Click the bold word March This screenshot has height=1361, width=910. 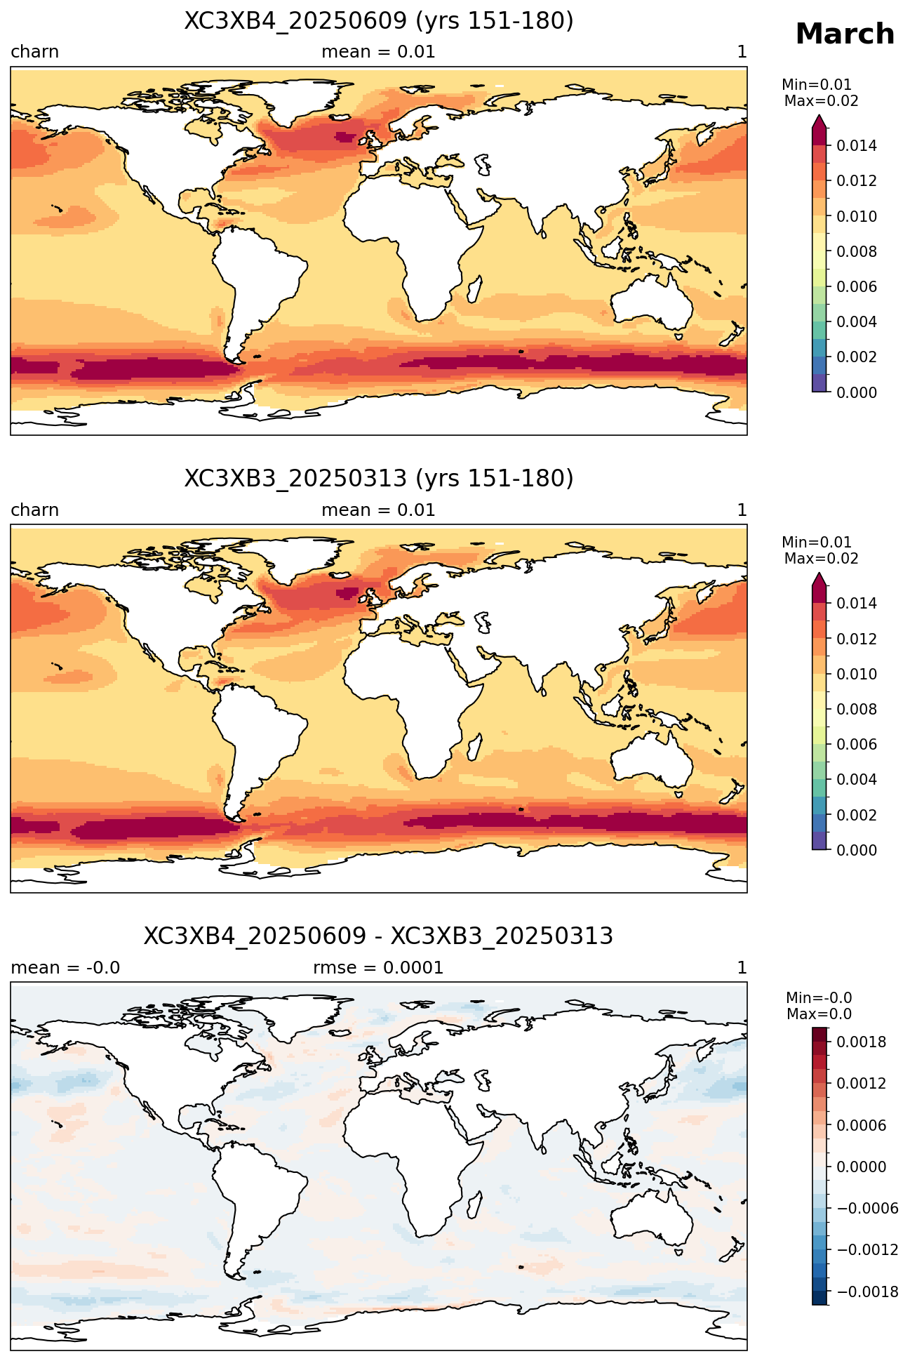(x=845, y=34)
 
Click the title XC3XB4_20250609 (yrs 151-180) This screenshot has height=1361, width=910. (x=379, y=21)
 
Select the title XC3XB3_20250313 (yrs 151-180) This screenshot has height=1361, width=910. (x=379, y=479)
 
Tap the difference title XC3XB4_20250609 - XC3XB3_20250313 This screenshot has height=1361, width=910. (x=379, y=936)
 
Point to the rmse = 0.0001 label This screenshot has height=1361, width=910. (x=378, y=968)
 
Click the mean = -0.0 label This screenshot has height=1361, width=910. (x=65, y=968)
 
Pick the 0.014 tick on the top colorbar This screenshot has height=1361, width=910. (x=857, y=146)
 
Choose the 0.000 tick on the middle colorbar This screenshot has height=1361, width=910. (x=857, y=850)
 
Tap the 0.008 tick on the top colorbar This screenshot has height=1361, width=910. (x=857, y=251)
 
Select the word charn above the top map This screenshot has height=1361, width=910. (x=35, y=52)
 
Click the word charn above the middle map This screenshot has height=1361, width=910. (x=35, y=510)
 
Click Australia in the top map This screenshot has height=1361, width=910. (x=650, y=301)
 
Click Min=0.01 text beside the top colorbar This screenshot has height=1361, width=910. (x=817, y=86)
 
